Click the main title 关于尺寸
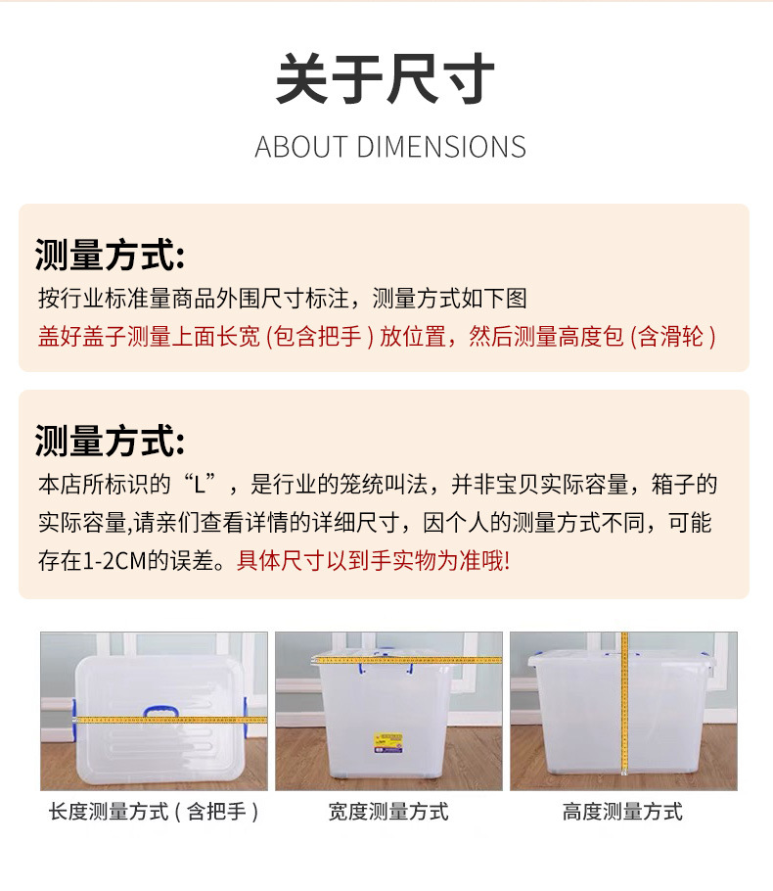[x=386, y=80]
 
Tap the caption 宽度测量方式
[x=388, y=812]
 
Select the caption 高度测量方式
[x=622, y=812]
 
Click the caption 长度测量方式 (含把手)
[x=154, y=812]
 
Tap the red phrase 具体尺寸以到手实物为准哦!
[x=373, y=562]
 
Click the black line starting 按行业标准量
[x=283, y=298]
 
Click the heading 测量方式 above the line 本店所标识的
[x=110, y=441]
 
